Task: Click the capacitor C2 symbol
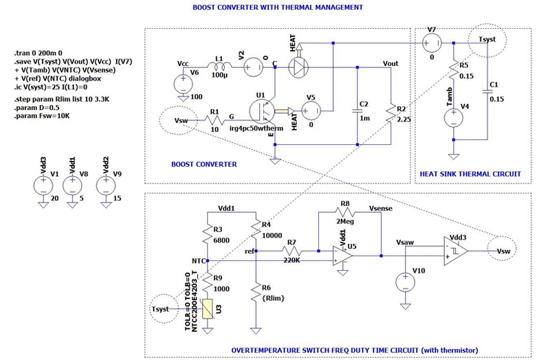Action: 357,110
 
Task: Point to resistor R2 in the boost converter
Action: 390,111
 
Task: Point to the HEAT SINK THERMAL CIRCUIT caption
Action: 470,175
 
